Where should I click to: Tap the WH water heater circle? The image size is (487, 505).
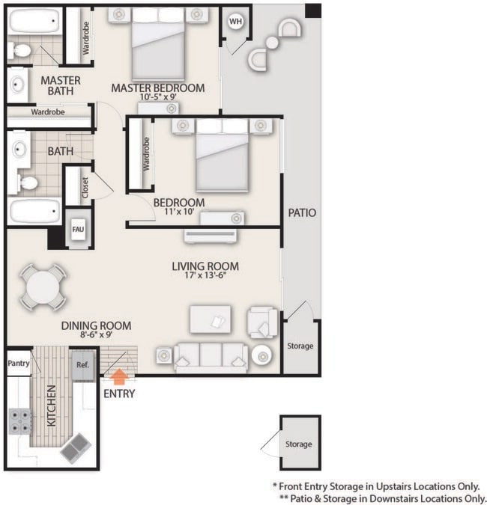(235, 21)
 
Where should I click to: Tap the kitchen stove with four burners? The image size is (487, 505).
(19, 421)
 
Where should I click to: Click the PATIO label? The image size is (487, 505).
(302, 213)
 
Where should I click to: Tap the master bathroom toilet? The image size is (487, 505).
(20, 52)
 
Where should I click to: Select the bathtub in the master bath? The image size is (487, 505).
(34, 21)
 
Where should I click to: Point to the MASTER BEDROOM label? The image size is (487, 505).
(157, 88)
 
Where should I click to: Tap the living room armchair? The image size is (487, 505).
(262, 321)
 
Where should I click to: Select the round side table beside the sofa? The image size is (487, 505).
(263, 357)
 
